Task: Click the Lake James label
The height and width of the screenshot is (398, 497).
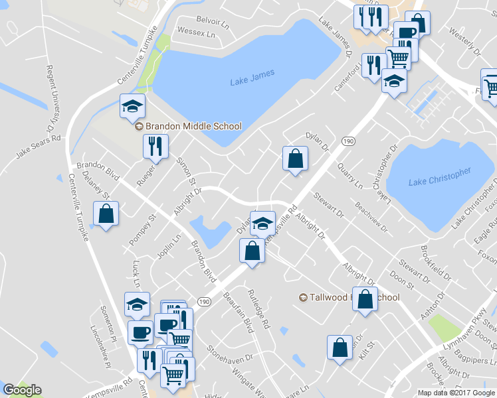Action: pos(252,77)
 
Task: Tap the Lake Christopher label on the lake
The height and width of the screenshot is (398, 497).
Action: pos(439,176)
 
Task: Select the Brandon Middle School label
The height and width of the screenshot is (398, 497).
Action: pos(187,126)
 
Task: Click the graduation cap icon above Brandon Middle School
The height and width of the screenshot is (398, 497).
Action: pos(132,105)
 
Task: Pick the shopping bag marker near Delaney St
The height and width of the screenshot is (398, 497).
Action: pos(106,214)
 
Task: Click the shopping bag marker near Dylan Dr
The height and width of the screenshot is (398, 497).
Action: pos(294,159)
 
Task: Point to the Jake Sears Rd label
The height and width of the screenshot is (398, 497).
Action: pos(38,147)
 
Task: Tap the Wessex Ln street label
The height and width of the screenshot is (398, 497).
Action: pos(197,33)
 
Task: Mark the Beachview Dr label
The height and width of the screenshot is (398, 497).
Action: pos(371,216)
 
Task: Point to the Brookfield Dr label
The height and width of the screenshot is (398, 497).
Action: pos(436,263)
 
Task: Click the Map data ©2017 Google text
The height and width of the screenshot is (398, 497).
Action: pos(457,392)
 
